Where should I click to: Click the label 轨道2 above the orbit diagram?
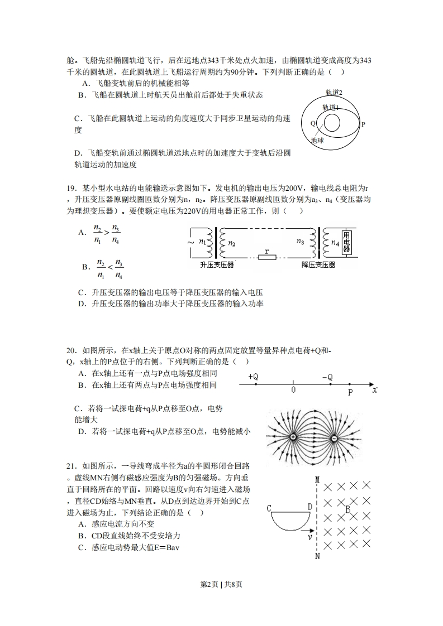334,93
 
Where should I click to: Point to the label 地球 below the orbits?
318,141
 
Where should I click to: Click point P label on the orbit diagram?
363,124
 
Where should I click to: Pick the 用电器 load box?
347,242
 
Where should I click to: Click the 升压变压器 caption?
217,265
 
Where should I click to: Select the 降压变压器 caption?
318,265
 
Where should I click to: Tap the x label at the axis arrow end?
375,391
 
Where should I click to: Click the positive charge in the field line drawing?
292,437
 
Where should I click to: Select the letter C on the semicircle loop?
269,508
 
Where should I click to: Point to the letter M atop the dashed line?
317,479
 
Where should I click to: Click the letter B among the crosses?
347,509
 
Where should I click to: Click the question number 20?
70,350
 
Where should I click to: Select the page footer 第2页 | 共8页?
221,584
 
